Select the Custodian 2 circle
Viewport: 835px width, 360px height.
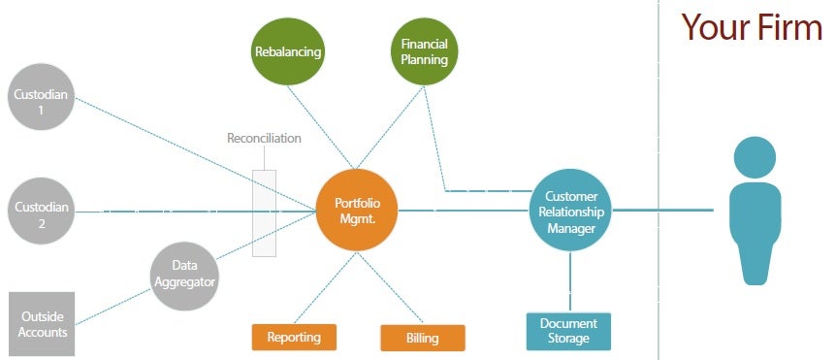(40, 209)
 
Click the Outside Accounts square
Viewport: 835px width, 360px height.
(44, 324)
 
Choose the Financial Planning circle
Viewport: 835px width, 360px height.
(425, 51)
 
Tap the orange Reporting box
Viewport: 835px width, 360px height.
(294, 337)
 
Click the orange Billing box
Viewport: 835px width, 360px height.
(423, 338)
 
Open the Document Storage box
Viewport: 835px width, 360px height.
(568, 331)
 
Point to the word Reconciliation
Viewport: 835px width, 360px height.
(264, 138)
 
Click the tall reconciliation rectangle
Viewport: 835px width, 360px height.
(264, 213)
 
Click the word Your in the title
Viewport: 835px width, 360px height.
(716, 26)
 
